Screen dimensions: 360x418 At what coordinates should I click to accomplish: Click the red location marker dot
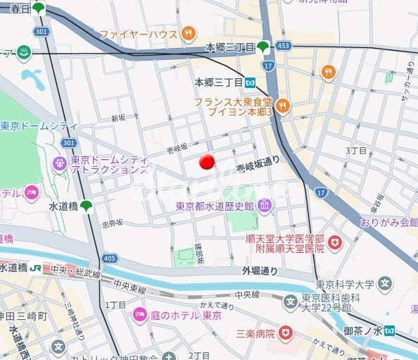pos(207,162)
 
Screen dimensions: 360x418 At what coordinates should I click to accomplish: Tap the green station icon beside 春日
pos(39,9)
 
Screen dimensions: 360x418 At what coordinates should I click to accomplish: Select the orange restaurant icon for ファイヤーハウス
pos(188,33)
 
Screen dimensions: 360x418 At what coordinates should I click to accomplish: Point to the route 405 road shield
pos(109,259)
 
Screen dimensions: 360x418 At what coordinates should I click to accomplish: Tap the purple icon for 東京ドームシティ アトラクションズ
pos(59,164)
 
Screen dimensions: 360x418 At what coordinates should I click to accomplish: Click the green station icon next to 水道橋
pos(87,206)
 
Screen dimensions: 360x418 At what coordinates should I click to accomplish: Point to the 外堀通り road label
pos(260,271)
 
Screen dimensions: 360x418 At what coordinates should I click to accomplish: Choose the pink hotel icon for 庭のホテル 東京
pos(139,314)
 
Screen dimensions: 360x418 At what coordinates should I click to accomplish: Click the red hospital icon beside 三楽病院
pos(285,332)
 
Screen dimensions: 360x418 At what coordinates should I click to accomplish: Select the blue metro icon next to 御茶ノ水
pos(390,330)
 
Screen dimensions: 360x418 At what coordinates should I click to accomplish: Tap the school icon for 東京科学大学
pos(384,285)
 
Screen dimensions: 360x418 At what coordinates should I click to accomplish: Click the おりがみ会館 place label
pos(388,222)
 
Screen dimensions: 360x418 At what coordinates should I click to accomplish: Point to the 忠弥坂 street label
pos(112,223)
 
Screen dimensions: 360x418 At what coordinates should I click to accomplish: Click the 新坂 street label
pos(118,118)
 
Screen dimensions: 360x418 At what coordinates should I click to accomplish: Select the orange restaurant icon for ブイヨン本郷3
pos(282,106)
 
